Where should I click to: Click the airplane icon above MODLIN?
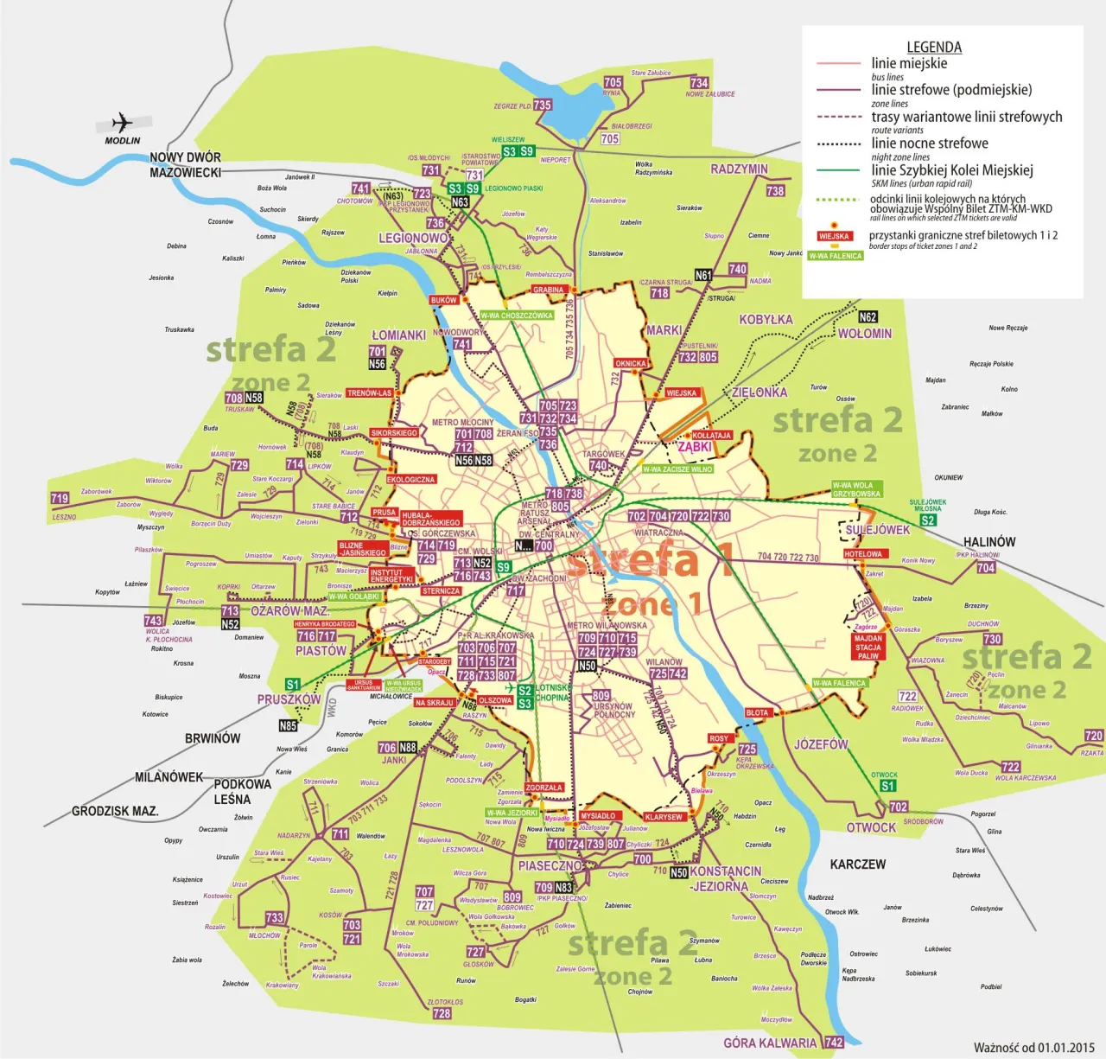[x=123, y=122]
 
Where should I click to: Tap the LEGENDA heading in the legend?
[x=934, y=48]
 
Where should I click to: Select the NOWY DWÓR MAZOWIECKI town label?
[x=185, y=165]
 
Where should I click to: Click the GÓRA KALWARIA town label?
[x=770, y=1043]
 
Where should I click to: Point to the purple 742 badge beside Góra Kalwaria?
[x=834, y=1043]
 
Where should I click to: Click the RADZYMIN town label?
[x=739, y=169]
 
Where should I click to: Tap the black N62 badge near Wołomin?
[x=868, y=317]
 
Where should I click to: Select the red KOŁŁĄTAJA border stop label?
[x=712, y=436]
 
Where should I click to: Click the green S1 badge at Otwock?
[x=887, y=786]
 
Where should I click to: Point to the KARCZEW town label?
[x=857, y=864]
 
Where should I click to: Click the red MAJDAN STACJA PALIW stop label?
[x=868, y=648]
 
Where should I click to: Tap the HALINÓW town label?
[x=989, y=542]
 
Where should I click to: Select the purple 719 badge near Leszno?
[x=60, y=498]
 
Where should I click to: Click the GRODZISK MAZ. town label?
[x=115, y=811]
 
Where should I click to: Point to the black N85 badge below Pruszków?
[x=288, y=726]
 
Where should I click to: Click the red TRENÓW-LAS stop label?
[x=369, y=393]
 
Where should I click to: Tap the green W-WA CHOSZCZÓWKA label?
[x=516, y=316]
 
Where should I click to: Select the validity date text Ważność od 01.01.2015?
[x=1033, y=1048]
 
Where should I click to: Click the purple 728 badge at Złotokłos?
[x=442, y=1013]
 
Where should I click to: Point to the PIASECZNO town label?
[x=550, y=865]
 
